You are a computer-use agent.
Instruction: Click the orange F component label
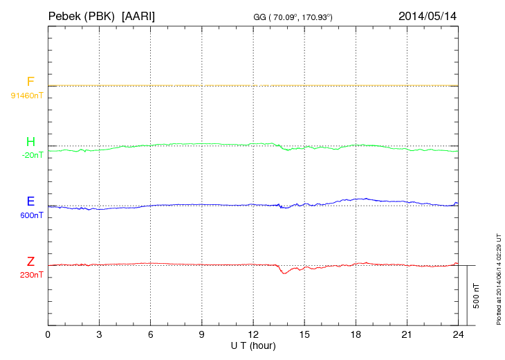pos(30,82)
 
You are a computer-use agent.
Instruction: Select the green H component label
pos(30,142)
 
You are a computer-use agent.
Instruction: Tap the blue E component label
pos(30,202)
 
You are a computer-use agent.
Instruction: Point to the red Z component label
pos(30,262)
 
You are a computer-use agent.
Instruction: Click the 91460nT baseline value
pos(26,95)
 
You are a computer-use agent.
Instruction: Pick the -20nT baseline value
pos(33,155)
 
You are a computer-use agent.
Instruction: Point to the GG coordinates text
pos(303,16)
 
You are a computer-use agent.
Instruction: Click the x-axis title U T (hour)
pos(253,345)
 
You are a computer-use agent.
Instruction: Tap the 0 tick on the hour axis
pos(48,334)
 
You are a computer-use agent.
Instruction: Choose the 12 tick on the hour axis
pos(253,334)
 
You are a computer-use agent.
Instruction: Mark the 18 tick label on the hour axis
pos(356,334)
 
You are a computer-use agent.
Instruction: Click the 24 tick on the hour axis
pos(458,334)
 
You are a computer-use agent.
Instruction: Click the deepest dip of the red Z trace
pos(284,273)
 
